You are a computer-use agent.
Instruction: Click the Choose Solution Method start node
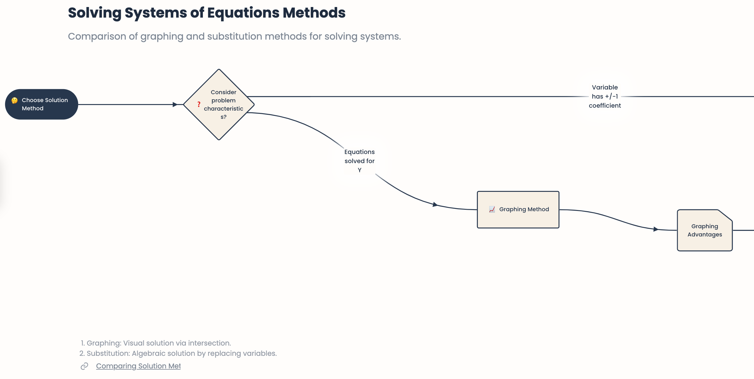pyautogui.click(x=42, y=104)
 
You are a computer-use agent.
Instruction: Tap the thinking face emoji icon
pyautogui.click(x=14, y=101)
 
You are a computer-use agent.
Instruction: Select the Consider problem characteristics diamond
pyautogui.click(x=219, y=104)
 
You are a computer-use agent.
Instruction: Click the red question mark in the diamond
pyautogui.click(x=199, y=104)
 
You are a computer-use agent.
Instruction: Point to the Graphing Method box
pyautogui.click(x=518, y=209)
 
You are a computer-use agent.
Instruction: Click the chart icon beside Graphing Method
pyautogui.click(x=492, y=209)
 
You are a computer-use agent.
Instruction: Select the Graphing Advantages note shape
pyautogui.click(x=704, y=230)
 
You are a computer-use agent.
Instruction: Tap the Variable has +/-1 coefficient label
pyautogui.click(x=604, y=97)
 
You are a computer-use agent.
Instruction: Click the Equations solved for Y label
pyautogui.click(x=359, y=161)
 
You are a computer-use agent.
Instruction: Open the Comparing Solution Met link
pyautogui.click(x=138, y=366)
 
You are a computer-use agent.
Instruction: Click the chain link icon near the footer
pyautogui.click(x=84, y=366)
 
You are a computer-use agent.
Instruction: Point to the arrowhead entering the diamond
pyautogui.click(x=175, y=104)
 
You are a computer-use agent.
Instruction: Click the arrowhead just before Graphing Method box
pyautogui.click(x=435, y=204)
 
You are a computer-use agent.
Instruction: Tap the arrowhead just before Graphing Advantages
pyautogui.click(x=656, y=229)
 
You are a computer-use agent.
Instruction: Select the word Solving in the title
pyautogui.click(x=94, y=13)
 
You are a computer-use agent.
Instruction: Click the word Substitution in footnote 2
pyautogui.click(x=108, y=353)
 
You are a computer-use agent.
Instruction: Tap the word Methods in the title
pyautogui.click(x=314, y=13)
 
